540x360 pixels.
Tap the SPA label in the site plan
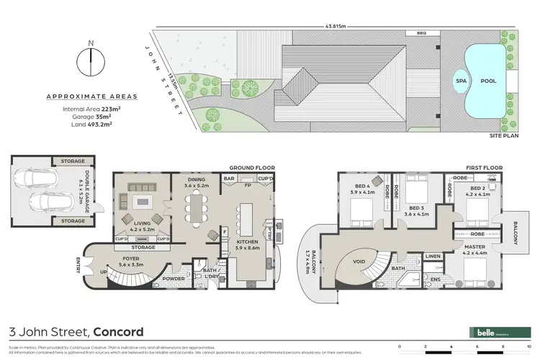[x=461, y=81]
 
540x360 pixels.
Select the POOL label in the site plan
[x=487, y=81]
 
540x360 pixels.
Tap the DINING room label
[x=196, y=181]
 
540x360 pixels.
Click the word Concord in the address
[x=117, y=332]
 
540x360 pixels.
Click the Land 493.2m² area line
[x=91, y=123]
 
